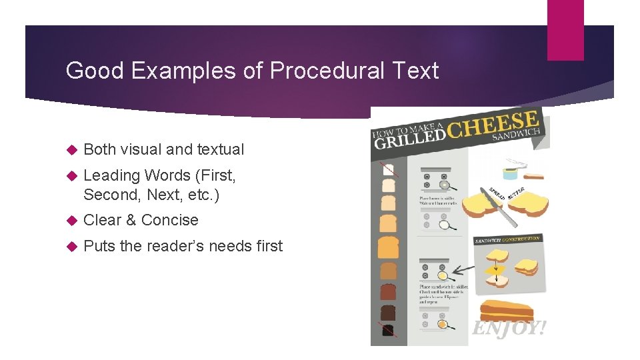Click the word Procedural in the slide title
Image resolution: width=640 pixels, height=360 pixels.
pyautogui.click(x=309, y=71)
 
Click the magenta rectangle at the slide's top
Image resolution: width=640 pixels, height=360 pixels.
pyautogui.click(x=565, y=30)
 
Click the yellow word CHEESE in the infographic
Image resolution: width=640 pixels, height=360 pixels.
pyautogui.click(x=494, y=125)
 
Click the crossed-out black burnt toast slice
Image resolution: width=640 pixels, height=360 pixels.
pyautogui.click(x=387, y=329)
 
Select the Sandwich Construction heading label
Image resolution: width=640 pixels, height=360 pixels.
pyautogui.click(x=507, y=239)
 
